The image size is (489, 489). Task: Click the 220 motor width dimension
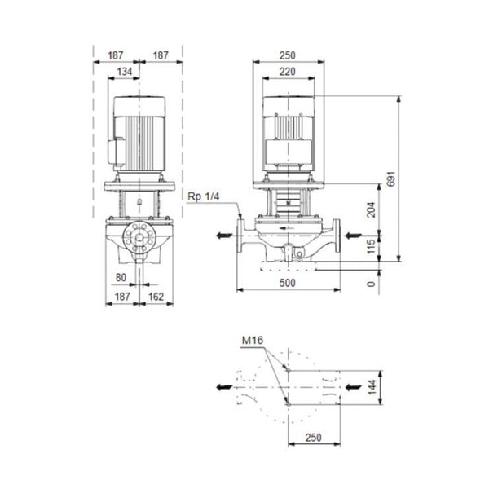tap(287, 71)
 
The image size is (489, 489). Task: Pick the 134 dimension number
tap(124, 71)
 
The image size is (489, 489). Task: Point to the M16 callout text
tap(253, 340)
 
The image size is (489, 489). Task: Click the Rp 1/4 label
tap(205, 195)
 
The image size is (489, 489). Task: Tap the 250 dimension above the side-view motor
tap(287, 55)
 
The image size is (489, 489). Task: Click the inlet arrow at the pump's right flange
tap(353, 236)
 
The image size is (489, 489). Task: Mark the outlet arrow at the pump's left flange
tap(220, 236)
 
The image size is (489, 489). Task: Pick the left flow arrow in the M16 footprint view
tap(220, 384)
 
